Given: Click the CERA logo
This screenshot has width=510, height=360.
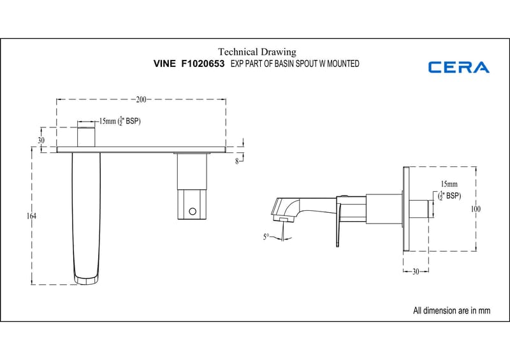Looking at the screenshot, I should click(x=458, y=67).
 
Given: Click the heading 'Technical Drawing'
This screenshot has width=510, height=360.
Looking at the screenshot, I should click(x=257, y=52).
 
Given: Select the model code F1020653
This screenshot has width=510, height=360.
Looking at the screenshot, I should click(x=203, y=64).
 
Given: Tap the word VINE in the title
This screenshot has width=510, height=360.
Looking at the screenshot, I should click(x=166, y=64).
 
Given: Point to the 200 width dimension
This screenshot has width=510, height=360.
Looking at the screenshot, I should click(x=141, y=99).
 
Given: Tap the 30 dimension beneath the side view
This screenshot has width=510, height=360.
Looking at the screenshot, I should click(x=415, y=271).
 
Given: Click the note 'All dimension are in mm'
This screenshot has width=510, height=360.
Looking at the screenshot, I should click(x=451, y=311).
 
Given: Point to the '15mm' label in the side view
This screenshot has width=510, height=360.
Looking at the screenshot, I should click(x=449, y=184).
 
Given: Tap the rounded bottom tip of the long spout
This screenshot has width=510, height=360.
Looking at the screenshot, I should click(x=87, y=278).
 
